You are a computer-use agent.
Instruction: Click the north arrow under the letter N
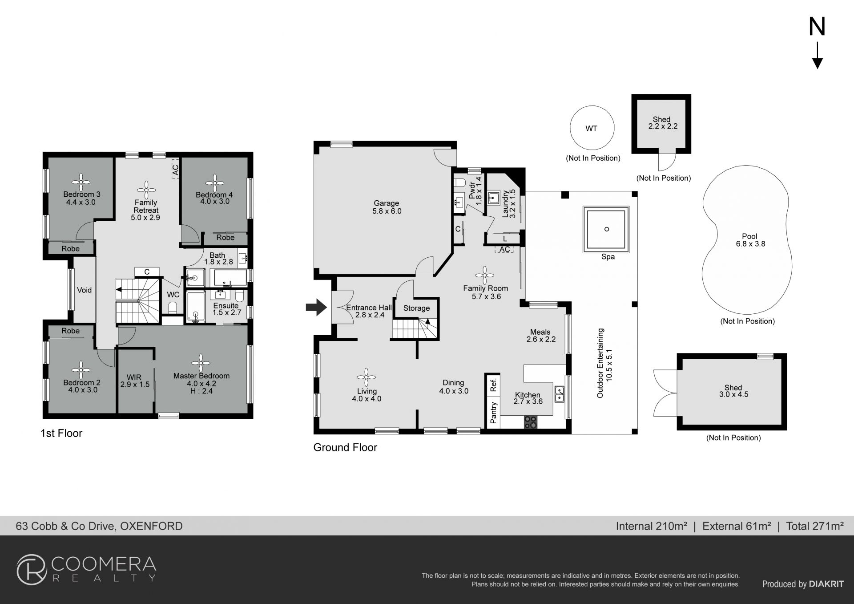817,56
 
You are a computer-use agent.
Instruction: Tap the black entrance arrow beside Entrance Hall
316,307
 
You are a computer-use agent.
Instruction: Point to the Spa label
608,257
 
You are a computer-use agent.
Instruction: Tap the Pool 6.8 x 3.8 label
750,240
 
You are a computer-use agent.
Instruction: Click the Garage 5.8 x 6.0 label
387,207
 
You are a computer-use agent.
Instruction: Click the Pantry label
493,413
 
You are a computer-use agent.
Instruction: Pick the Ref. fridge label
493,385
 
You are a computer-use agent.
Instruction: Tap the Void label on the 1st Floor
84,290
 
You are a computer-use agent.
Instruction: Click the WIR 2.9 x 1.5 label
135,381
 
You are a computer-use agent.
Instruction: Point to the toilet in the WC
173,308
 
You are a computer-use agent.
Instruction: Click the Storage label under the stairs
416,308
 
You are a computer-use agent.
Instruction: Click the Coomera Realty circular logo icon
32,569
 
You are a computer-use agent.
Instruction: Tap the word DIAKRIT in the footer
826,584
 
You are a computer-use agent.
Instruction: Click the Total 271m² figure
815,526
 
